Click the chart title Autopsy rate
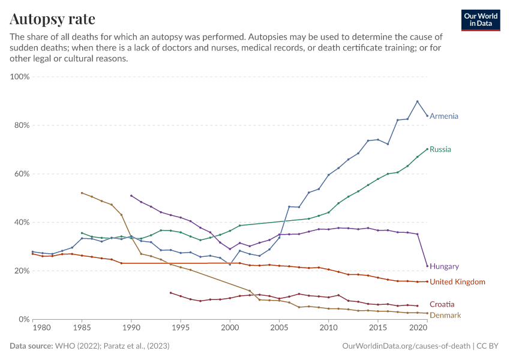point(52,19)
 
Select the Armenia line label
point(444,116)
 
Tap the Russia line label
point(440,149)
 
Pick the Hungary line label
point(444,266)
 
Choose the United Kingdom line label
point(457,282)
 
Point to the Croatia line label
point(442,305)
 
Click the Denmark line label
point(445,315)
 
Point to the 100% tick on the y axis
point(20,77)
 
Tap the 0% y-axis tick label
point(24,319)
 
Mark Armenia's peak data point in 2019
point(418,101)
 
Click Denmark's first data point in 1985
point(82,193)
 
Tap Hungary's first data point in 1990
point(131,196)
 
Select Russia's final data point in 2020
point(427,149)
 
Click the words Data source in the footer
point(31,346)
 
